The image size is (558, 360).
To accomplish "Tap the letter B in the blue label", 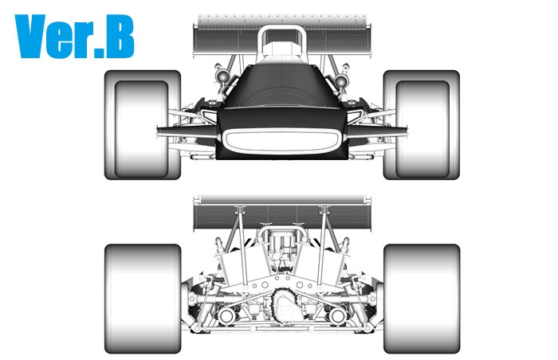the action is (x=120, y=36).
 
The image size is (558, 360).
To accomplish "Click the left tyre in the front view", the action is (x=143, y=125).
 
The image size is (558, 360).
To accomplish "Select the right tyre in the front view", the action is (x=422, y=125).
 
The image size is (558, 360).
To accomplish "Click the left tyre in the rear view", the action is (x=143, y=299).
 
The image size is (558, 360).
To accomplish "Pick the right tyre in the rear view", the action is (x=422, y=299).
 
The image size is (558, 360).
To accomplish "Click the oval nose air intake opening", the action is (x=281, y=140).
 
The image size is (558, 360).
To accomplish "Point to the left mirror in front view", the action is (x=222, y=76).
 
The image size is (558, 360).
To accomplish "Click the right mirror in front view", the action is (x=340, y=80).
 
